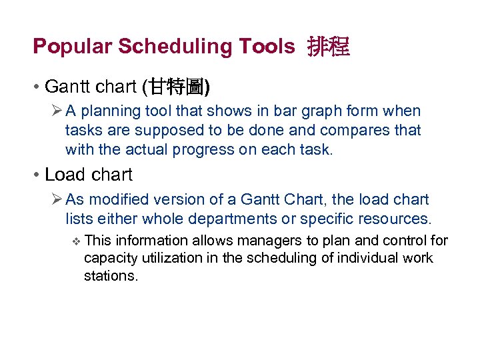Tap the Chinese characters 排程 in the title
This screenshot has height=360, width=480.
click(328, 47)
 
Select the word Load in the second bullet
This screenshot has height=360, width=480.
click(64, 175)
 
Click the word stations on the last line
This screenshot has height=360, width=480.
click(110, 275)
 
